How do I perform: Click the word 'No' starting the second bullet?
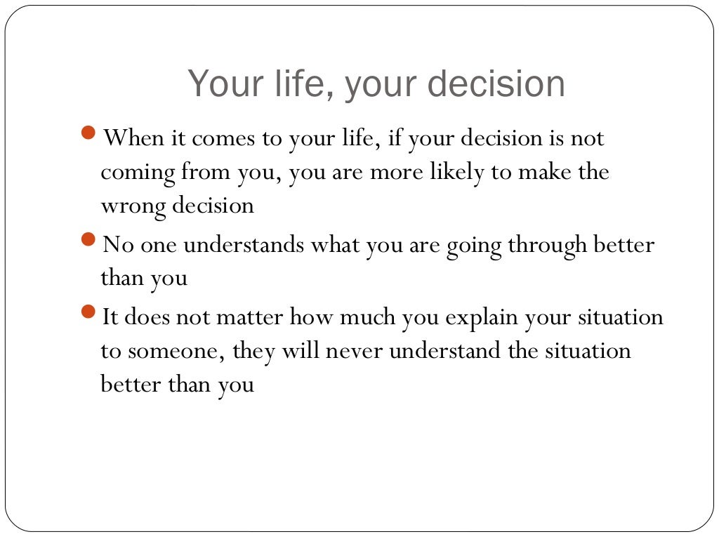coord(114,246)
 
